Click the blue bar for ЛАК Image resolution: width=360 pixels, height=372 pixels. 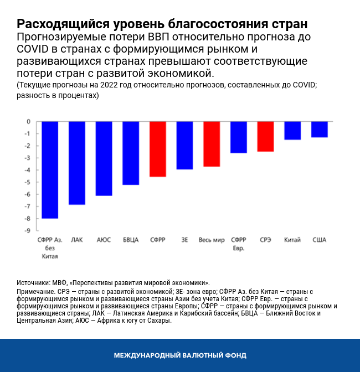coord(76,163)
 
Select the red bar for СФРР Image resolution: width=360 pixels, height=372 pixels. coord(158,149)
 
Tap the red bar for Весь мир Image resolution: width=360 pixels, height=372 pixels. coord(212,144)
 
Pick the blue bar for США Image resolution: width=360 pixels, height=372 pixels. coord(319,130)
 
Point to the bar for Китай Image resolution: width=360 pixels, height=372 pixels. coord(292,131)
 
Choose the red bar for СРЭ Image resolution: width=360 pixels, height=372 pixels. coord(265,137)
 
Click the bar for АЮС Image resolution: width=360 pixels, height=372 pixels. coord(104,158)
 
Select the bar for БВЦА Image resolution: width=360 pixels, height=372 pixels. coord(131,153)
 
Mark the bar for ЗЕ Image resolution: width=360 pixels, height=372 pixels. coord(184,145)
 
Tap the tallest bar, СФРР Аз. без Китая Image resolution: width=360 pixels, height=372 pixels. coord(50,170)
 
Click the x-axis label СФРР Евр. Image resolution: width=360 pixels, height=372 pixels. coord(239,244)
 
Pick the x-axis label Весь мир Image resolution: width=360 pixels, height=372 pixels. coord(212,240)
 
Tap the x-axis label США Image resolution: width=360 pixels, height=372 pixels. coord(320,240)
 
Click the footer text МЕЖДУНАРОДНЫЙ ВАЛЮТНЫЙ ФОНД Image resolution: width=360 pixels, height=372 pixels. coord(180,355)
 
